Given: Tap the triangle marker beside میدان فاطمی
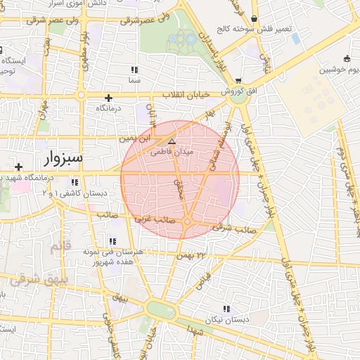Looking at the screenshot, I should tap(171, 141).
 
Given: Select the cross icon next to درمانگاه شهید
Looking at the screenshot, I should tap(18, 167).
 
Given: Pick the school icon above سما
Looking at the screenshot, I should tap(134, 70).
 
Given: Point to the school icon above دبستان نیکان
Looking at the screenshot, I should tap(226, 308).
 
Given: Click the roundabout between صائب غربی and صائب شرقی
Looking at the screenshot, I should tap(188, 222).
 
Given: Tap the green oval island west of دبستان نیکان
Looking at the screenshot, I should tap(161, 309).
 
